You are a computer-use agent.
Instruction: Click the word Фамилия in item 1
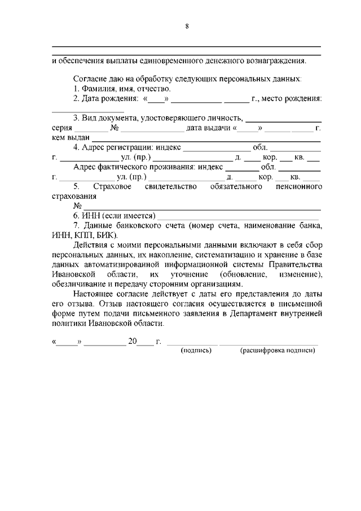point(98,89)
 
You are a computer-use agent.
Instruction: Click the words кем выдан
point(71,138)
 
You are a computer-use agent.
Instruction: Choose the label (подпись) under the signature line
point(196,350)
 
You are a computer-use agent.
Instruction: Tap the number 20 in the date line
point(133,342)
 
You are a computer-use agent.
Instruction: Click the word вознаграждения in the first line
point(276,60)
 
